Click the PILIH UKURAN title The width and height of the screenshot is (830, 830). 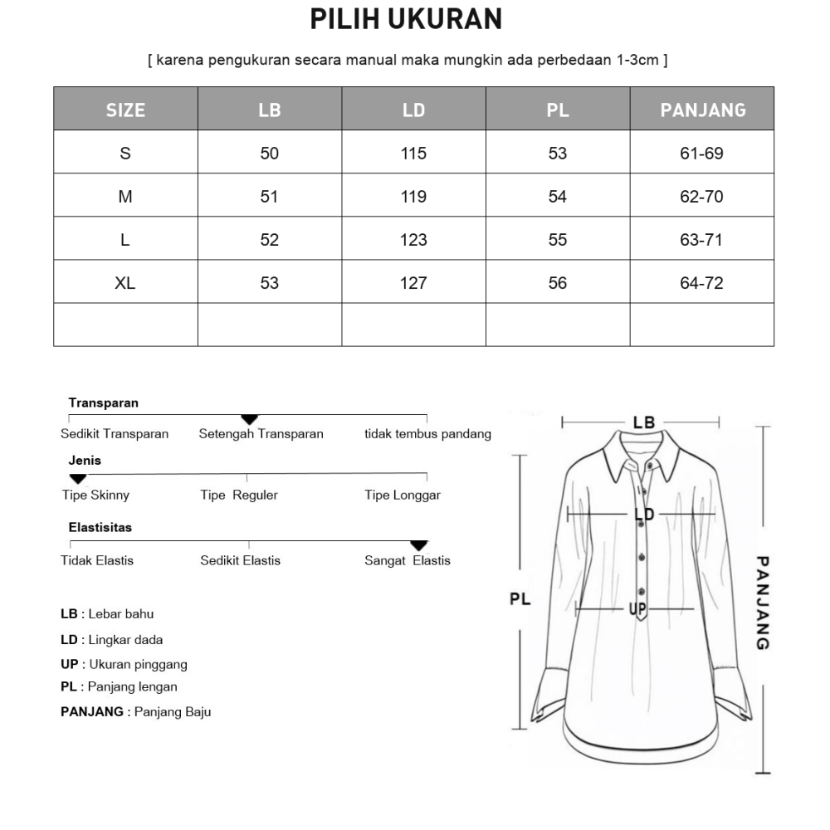[x=406, y=19]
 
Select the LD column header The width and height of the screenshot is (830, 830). [x=413, y=110]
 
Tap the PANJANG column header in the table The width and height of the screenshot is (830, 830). [x=702, y=110]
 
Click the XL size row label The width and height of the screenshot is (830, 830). [x=125, y=283]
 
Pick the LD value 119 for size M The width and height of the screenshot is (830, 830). [x=413, y=197]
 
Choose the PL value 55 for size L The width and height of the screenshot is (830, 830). [x=558, y=240]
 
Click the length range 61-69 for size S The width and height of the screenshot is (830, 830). [x=702, y=154]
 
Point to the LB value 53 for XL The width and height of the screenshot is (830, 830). [x=270, y=283]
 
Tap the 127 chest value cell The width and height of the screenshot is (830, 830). [x=413, y=283]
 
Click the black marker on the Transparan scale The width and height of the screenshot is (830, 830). [x=249, y=419]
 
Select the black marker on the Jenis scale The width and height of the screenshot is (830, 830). [x=78, y=478]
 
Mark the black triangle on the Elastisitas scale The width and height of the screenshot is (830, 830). [x=419, y=545]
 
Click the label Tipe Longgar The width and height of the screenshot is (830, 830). [x=403, y=496]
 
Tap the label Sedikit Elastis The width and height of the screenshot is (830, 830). [x=240, y=560]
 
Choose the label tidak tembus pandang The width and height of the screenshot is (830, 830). [x=427, y=433]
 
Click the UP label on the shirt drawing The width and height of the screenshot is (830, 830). [x=637, y=610]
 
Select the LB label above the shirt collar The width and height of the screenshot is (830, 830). [x=644, y=422]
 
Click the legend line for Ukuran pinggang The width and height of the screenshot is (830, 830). [x=124, y=664]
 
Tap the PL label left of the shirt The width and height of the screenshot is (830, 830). [x=520, y=599]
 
